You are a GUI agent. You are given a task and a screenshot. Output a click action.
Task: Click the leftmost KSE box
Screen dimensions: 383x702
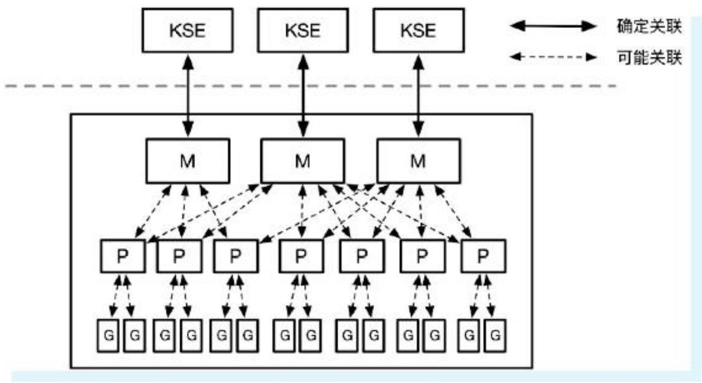coord(187,30)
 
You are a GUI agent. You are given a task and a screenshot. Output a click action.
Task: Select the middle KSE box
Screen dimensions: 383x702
coord(302,30)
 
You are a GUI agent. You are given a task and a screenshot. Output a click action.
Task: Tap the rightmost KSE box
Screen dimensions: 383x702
coord(417,30)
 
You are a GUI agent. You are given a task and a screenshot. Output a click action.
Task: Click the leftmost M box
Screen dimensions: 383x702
coord(187,160)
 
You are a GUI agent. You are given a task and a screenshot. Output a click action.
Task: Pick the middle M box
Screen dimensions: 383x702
coord(302,160)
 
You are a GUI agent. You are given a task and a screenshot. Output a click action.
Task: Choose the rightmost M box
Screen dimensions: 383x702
coord(417,160)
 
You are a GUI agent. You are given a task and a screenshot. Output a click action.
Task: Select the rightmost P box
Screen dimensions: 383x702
coord(483,256)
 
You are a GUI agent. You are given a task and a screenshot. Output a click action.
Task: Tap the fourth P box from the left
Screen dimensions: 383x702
coord(300,256)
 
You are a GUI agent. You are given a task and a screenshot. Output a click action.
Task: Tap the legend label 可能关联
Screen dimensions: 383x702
coord(649,58)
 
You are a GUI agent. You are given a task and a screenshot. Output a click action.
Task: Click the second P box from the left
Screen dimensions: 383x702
coord(179,256)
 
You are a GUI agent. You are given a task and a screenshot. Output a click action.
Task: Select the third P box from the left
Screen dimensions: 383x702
coord(235,256)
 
